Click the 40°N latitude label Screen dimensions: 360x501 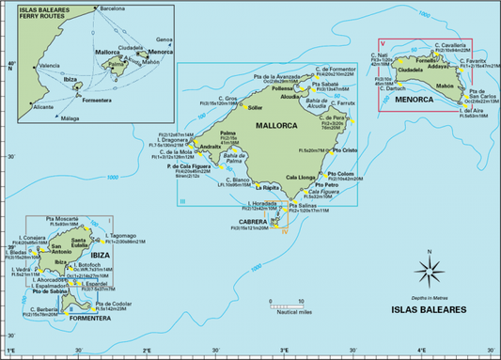click(9, 65)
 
